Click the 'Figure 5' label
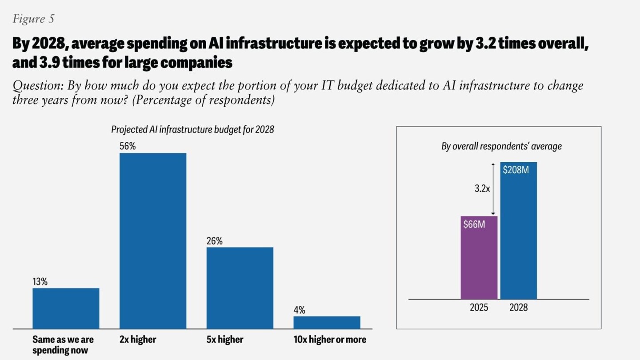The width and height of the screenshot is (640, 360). pos(34,19)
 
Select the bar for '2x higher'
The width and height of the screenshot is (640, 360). pos(153,240)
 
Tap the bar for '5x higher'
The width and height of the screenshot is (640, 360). pos(240,288)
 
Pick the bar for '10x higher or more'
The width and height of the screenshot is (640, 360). pos(327,322)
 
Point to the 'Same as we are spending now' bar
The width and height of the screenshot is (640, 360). pos(66,308)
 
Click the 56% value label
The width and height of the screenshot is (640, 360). pos(128,146)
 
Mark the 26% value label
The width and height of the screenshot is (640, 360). pos(214,241)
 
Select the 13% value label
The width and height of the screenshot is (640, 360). pos(40,282)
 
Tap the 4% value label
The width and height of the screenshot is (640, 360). pos(300,310)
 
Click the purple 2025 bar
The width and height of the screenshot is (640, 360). pos(479,262)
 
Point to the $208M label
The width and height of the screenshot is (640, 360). pos(516,169)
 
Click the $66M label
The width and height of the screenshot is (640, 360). pos(474,224)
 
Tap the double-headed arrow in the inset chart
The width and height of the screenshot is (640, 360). pos(492,189)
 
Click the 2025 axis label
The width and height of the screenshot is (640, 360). pos(479,307)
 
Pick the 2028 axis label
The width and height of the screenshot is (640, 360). pos(518,307)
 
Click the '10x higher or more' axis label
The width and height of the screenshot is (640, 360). pos(330,340)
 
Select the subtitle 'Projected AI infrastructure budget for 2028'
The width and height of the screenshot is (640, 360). pos(192,130)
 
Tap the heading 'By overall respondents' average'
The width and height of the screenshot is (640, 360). pos(501,146)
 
